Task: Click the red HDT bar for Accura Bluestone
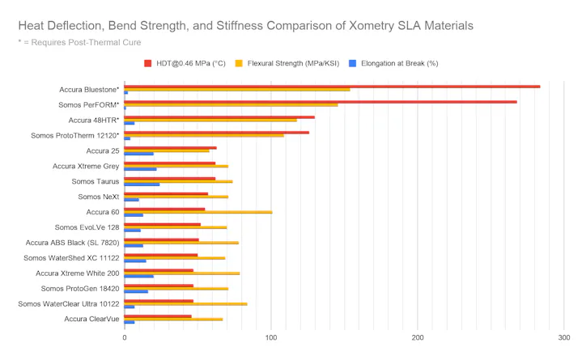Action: tap(332, 86)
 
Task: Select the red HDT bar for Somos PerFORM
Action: tap(321, 101)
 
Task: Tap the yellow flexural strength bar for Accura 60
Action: tap(198, 212)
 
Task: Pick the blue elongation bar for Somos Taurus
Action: tap(142, 184)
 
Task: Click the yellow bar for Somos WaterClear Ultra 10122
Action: tap(185, 304)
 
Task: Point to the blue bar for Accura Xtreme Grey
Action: tap(140, 169)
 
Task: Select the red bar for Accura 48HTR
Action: tap(219, 116)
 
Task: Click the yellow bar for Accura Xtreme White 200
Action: tap(182, 273)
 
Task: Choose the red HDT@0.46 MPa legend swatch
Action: tap(148, 63)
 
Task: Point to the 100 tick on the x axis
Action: tap(271, 337)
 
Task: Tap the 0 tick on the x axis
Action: tap(124, 337)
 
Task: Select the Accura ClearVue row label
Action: tap(91, 320)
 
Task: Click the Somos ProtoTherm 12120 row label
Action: tap(74, 135)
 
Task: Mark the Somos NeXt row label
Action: tap(98, 197)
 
